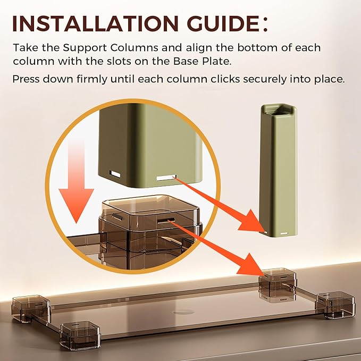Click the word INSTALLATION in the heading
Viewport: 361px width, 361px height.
[95, 24]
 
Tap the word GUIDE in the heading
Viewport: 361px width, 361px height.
[223, 24]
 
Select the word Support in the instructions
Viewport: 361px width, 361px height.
[85, 48]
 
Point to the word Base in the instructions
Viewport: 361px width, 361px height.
[186, 61]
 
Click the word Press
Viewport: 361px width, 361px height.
[26, 79]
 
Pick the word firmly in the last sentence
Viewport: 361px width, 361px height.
[92, 80]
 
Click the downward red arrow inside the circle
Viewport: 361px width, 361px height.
[76, 182]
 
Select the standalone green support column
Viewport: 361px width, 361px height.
[278, 171]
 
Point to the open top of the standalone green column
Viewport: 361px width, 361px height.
[279, 110]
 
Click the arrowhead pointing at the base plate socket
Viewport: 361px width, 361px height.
[251, 264]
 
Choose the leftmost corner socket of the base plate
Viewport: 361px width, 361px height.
[31, 308]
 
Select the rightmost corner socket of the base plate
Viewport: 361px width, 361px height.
[336, 305]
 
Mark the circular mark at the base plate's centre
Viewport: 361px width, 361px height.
[183, 312]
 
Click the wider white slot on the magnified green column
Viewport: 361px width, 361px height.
[166, 178]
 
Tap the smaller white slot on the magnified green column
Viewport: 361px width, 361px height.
[115, 174]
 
